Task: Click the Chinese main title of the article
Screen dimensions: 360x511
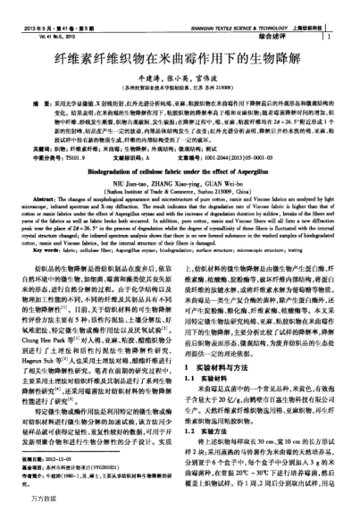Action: click(x=180, y=56)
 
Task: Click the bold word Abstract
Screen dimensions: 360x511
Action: click(x=43, y=197)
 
